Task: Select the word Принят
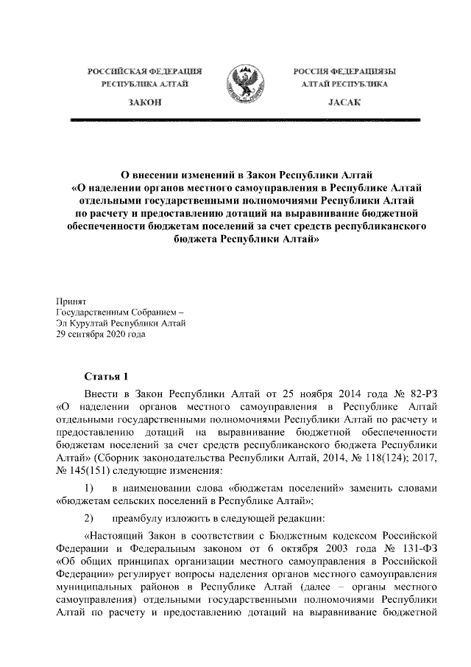coord(71,302)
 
